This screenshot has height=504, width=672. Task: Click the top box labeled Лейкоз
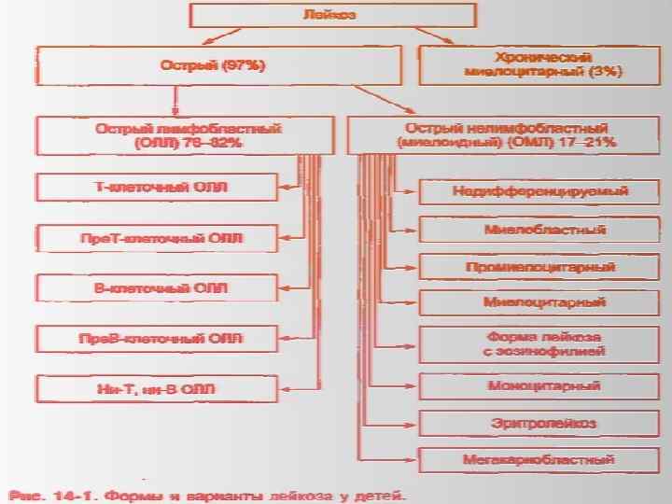coord(332,15)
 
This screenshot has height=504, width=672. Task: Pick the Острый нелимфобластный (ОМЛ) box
coord(505,135)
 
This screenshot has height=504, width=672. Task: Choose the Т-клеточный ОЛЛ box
coord(157,187)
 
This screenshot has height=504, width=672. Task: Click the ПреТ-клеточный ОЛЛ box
coord(157,238)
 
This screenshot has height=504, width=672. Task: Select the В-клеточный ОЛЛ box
coord(157,287)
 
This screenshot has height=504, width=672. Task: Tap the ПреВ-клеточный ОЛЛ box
coord(157,338)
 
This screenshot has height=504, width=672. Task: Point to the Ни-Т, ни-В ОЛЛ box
coord(157,388)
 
